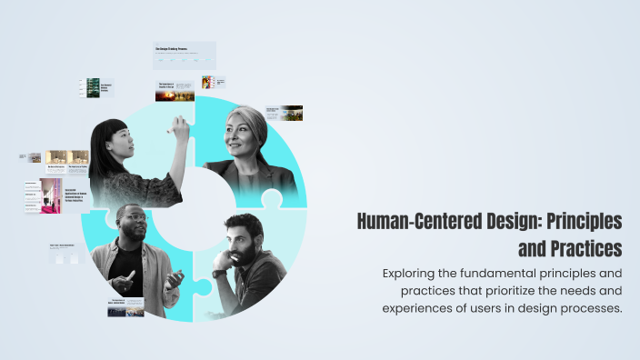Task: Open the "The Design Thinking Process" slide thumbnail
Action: (185, 55)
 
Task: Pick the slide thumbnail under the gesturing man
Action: (125, 308)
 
